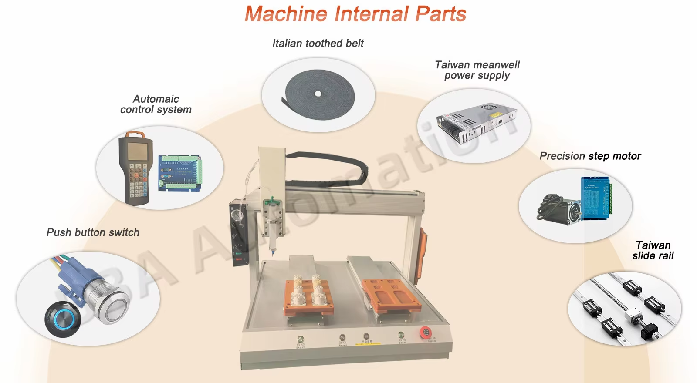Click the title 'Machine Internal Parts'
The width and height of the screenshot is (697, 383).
click(355, 14)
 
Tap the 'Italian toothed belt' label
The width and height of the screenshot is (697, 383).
click(318, 44)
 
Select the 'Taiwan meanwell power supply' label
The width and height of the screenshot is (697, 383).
click(477, 70)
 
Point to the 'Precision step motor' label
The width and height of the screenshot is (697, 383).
click(590, 156)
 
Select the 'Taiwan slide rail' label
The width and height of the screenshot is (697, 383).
click(653, 251)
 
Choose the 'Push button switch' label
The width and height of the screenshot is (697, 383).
click(93, 232)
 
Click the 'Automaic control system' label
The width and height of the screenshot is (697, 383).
click(156, 104)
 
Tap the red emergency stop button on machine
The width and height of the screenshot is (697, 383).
click(426, 333)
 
